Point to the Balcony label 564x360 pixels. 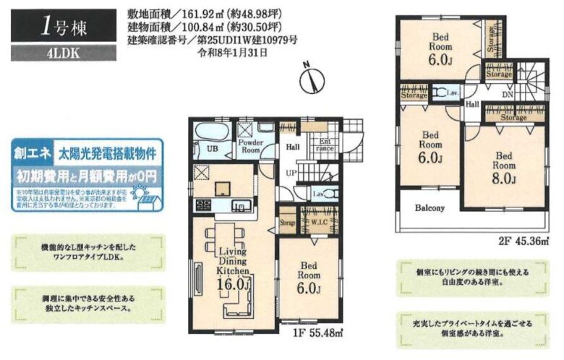pyautogui.click(x=430, y=208)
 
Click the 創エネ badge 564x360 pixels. pyautogui.click(x=30, y=154)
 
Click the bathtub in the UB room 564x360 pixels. pyautogui.click(x=212, y=133)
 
